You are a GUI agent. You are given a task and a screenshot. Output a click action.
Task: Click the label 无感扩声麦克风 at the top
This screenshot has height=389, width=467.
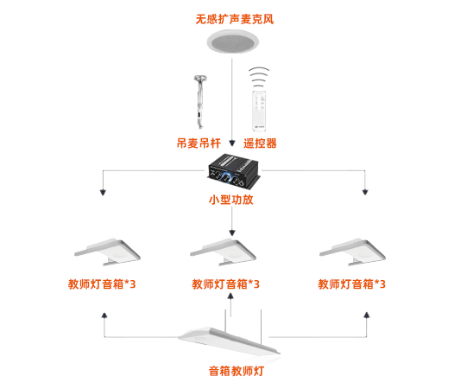click(233, 16)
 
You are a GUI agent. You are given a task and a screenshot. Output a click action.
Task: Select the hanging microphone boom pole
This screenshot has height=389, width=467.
click(200, 100)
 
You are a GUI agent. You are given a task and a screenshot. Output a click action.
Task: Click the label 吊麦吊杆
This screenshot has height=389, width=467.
click(199, 143)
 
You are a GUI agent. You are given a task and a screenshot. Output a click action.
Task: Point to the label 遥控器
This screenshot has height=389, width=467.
click(260, 143)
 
